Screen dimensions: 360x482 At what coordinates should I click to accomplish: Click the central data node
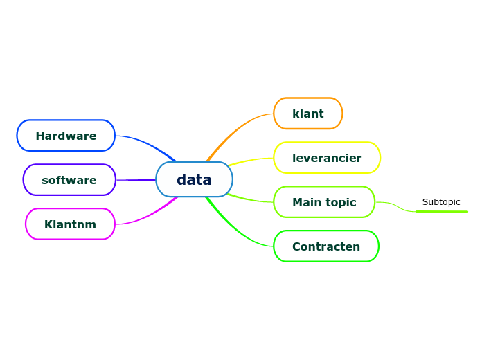coord(194,180)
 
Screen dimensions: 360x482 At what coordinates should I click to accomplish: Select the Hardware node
coord(66,136)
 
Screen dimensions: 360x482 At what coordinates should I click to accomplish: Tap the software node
coord(69,180)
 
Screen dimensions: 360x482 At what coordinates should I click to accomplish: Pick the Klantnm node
coord(70,224)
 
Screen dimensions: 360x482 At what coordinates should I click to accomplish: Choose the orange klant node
coord(307,114)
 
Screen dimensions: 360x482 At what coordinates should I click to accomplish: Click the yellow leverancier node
coord(326,158)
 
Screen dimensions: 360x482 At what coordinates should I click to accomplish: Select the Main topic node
coord(323,202)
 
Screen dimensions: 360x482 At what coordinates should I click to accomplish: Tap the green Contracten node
coord(325,246)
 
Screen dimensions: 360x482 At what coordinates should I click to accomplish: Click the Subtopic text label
coord(441,202)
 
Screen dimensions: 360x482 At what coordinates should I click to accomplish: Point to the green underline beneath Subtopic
coord(442,211)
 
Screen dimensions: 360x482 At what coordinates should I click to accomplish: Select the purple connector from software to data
coord(135,180)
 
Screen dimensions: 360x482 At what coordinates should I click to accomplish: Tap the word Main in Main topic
coord(306,202)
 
